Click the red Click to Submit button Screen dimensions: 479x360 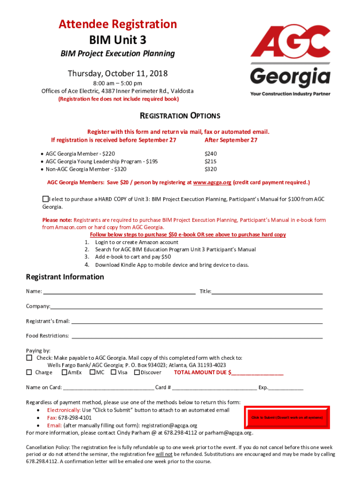coord(287,417)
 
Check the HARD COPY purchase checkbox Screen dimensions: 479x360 coord(45,199)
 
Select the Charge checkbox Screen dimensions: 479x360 coord(29,372)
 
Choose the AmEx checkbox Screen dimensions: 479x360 coord(64,372)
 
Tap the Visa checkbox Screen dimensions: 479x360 coord(113,372)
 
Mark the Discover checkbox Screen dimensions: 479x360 coord(137,372)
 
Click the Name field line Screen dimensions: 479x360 coord(119,292)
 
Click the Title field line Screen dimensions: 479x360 coord(267,292)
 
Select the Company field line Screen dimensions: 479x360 coord(187,307)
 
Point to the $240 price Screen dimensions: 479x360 coord(211,153)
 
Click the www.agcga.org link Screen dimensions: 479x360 coord(212,182)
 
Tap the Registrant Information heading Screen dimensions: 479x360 coord(65,277)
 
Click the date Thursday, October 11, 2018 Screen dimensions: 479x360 coord(117,73)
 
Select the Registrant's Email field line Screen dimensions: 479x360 coord(196,321)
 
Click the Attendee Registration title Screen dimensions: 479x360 coord(117,24)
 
